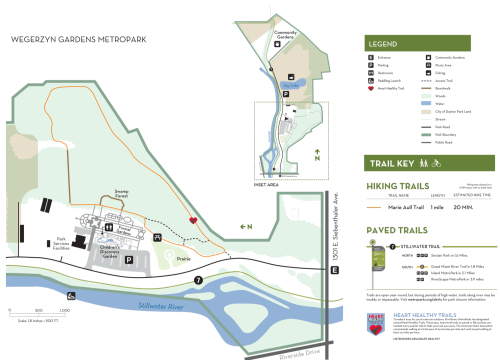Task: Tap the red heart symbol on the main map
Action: coord(193,220)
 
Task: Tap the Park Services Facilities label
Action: coord(65,242)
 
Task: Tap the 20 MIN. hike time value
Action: coord(463,207)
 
